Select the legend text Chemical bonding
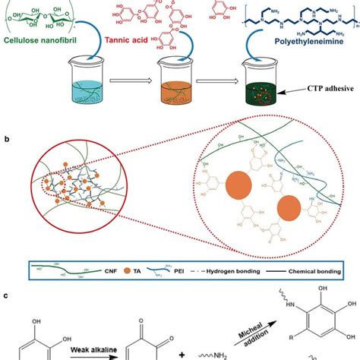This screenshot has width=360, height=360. coord(311,268)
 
